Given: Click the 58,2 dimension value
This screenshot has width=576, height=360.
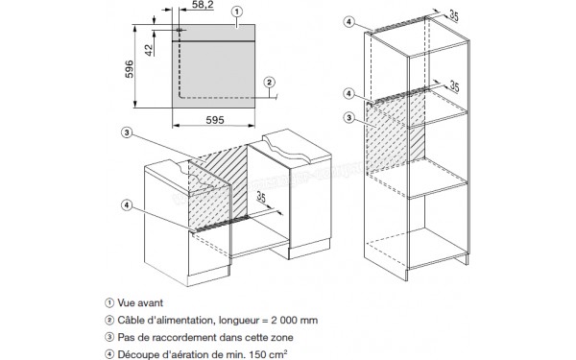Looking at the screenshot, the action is pyautogui.click(x=203, y=5).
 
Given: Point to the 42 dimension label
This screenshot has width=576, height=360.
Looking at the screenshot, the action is pyautogui.click(x=148, y=50).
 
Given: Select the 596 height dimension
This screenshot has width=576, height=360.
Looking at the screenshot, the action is pyautogui.click(x=130, y=69).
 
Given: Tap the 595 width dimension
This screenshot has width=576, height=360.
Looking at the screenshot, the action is pyautogui.click(x=215, y=120).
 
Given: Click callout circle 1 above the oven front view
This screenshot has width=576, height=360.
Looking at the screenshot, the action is pyautogui.click(x=237, y=12).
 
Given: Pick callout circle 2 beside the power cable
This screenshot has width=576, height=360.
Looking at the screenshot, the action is pyautogui.click(x=269, y=83).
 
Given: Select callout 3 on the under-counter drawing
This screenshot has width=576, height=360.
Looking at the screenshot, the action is pyautogui.click(x=127, y=132).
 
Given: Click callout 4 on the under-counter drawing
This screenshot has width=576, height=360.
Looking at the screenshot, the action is pyautogui.click(x=127, y=205).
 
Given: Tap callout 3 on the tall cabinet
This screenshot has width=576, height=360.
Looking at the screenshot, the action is pyautogui.click(x=349, y=117).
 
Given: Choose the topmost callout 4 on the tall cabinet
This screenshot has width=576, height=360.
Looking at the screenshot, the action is pyautogui.click(x=349, y=22).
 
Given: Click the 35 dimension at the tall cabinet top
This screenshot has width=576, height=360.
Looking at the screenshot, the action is pyautogui.click(x=454, y=16).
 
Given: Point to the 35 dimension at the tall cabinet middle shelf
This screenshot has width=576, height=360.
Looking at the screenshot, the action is pyautogui.click(x=454, y=86).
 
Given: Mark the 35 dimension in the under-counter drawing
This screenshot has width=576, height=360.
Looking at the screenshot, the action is pyautogui.click(x=261, y=197).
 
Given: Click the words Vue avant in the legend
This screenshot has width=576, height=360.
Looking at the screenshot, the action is pyautogui.click(x=140, y=302).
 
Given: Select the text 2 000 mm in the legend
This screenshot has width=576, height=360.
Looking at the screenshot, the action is pyautogui.click(x=295, y=320).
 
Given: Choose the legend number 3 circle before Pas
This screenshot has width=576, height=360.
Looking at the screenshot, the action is pyautogui.click(x=109, y=337).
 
